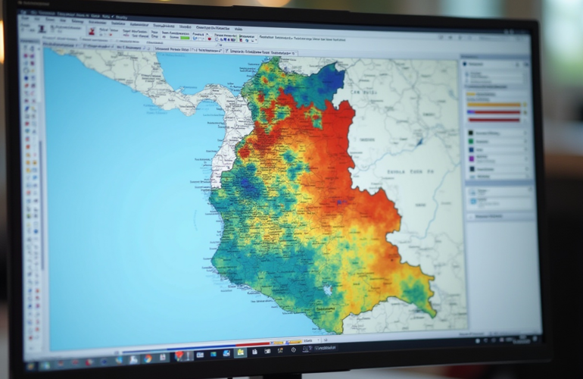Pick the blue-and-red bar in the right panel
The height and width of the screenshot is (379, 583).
pos(494,112)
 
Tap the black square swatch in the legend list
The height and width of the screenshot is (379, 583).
pos(471,169)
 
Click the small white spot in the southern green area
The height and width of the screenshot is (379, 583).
pos(327,290)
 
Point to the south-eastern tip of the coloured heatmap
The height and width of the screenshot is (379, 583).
pos(432,311)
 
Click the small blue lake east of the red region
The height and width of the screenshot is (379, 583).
pos(418,140)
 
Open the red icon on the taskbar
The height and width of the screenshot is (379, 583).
pos(179,354)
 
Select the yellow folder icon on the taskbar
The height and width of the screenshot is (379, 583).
pos(240,352)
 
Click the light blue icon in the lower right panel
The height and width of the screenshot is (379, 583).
pos(473,193)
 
